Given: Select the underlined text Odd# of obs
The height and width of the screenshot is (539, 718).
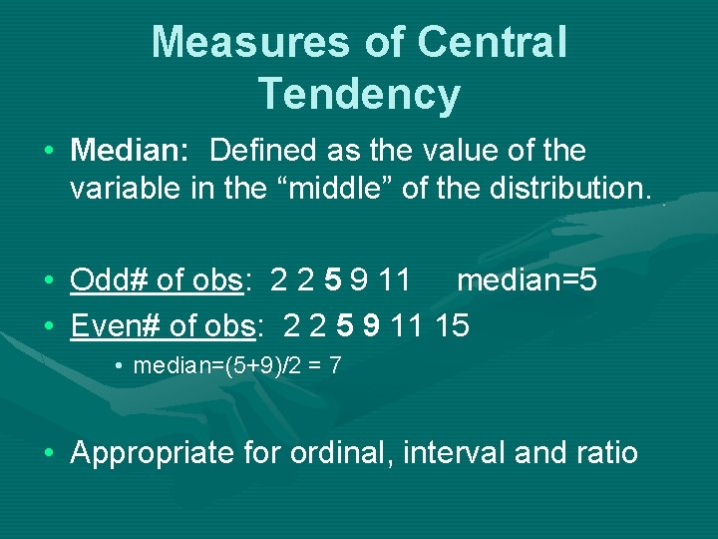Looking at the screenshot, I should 157,280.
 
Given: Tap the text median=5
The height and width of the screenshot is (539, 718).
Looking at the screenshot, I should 527,280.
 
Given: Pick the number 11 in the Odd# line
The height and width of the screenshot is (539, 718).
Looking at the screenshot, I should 394,280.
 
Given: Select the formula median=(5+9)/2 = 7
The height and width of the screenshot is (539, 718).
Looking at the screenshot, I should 237,365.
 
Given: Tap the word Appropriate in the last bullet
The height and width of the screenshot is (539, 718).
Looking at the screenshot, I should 151,453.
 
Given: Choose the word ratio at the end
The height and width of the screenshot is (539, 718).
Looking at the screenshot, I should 606,453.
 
